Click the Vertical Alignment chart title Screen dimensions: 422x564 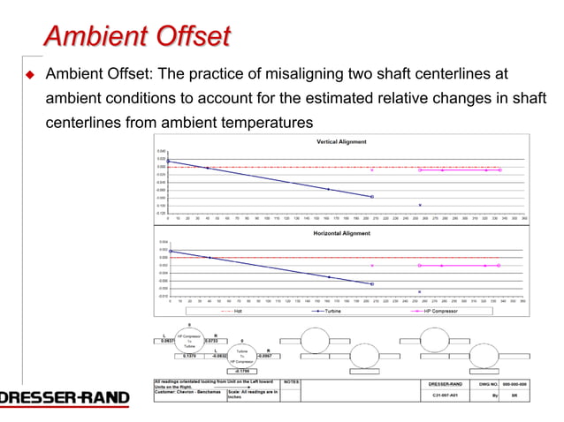point(341,142)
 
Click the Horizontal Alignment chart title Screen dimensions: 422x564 point(342,233)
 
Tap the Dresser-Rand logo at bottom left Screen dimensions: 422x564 point(64,398)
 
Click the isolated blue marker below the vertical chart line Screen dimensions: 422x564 point(420,205)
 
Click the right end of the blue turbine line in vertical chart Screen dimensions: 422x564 point(372,196)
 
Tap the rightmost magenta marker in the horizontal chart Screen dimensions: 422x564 point(499,265)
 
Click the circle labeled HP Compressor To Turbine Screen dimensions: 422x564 point(189,340)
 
